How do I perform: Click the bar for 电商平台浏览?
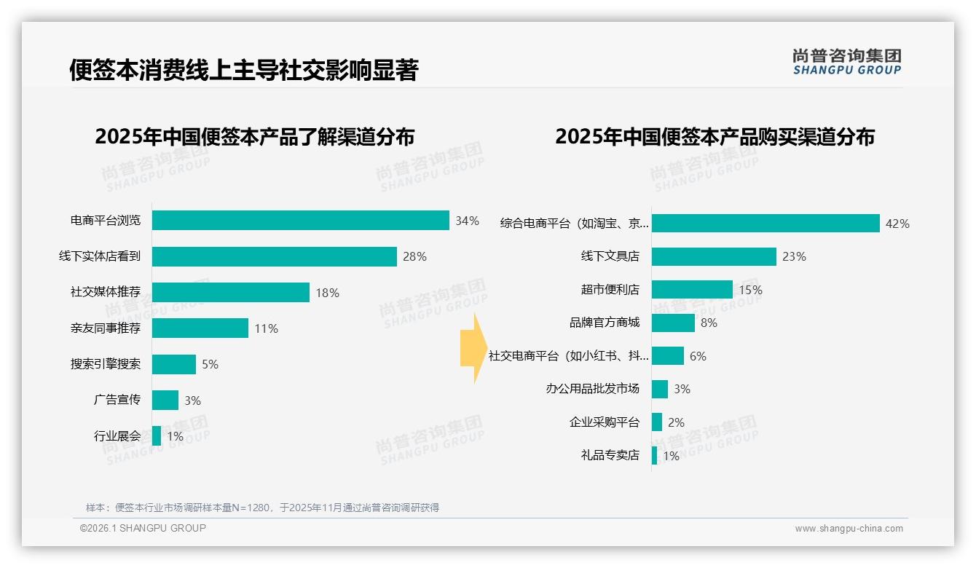(x=300, y=221)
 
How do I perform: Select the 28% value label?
(x=414, y=256)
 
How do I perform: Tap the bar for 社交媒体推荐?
(x=230, y=292)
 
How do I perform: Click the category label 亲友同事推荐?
(x=105, y=328)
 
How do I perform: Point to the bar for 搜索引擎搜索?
(x=174, y=364)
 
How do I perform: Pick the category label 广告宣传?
(x=117, y=400)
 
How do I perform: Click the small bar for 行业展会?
(x=157, y=436)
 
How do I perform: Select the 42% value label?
(x=897, y=224)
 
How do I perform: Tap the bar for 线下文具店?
(x=714, y=256)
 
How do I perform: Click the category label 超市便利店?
(x=610, y=290)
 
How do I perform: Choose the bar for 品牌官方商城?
(x=673, y=323)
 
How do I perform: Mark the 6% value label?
(x=698, y=356)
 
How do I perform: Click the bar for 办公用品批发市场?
(x=660, y=389)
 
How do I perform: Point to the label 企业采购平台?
(x=604, y=422)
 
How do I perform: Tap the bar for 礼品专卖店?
(x=655, y=455)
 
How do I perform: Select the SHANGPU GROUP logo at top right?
(x=846, y=62)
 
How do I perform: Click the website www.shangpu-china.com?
(x=849, y=529)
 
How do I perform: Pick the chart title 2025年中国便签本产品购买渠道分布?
(x=715, y=137)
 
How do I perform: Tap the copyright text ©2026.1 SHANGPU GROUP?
(x=143, y=528)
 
